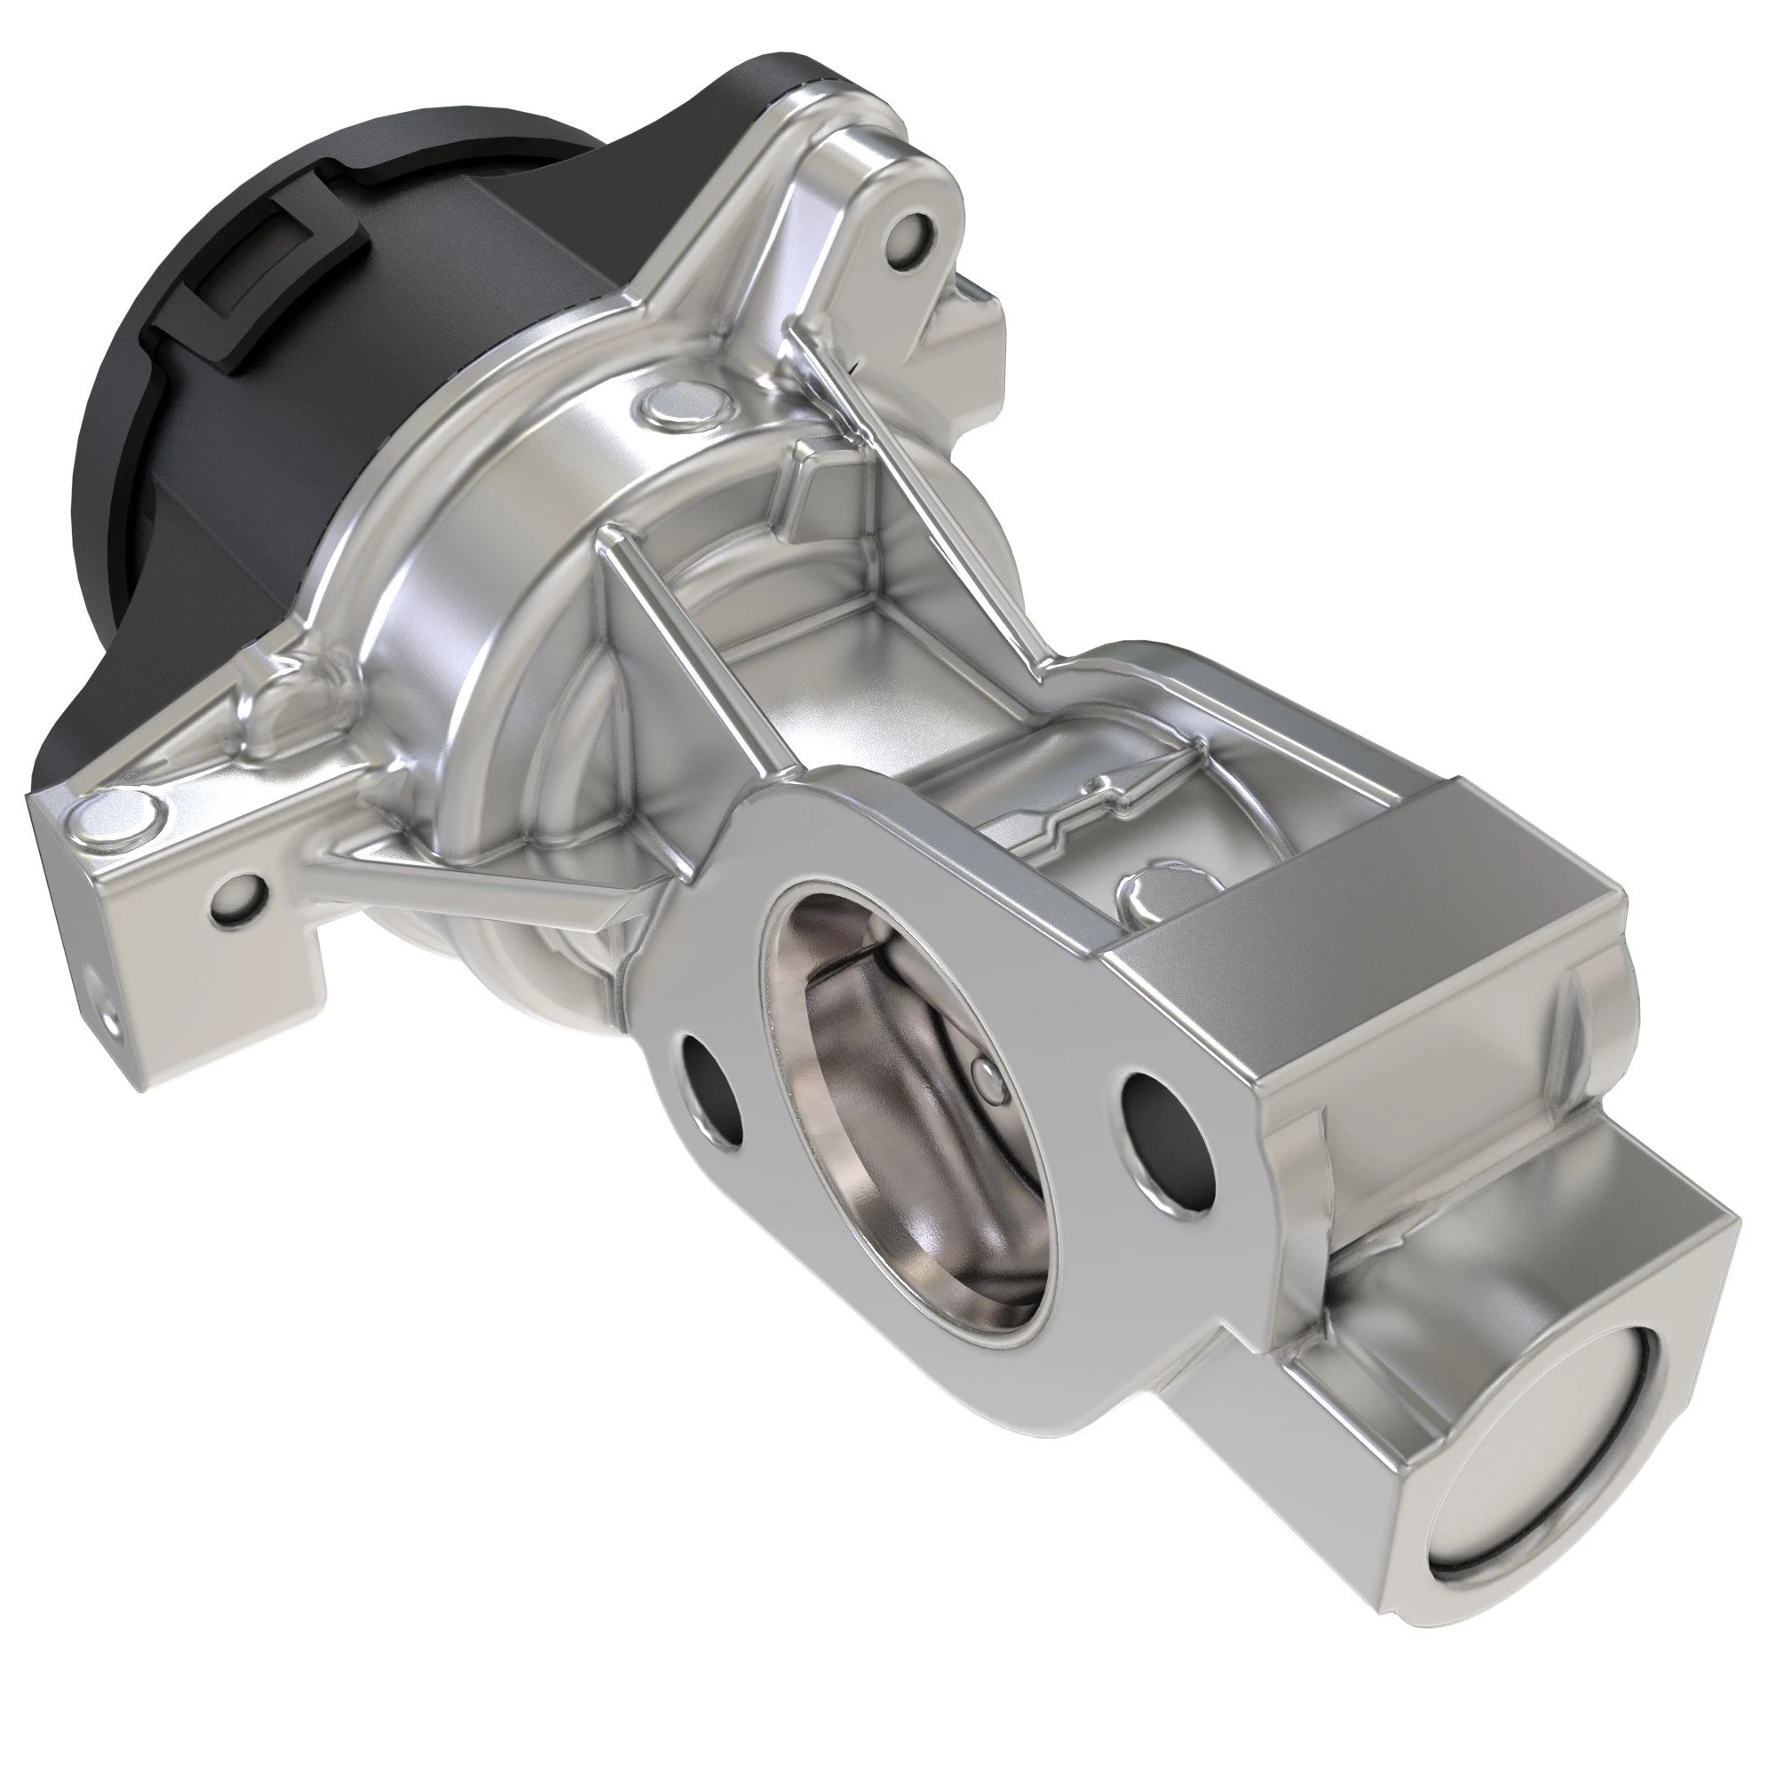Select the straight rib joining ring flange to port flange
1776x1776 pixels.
pos(685,644)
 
